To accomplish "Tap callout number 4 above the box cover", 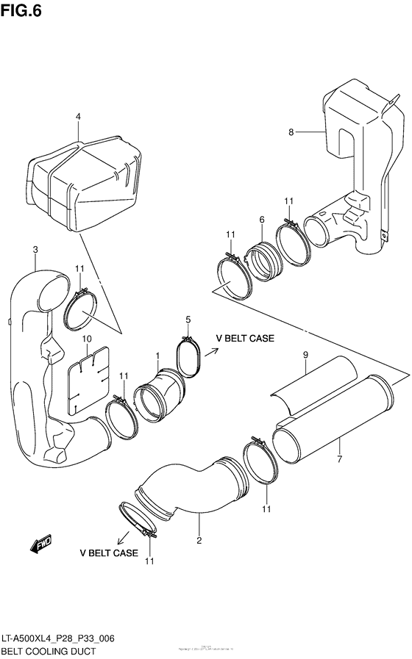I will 78,117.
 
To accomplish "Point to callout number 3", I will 35,251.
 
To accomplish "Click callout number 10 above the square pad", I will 86,339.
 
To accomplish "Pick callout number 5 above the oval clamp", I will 188,320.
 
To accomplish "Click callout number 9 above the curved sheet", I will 304,356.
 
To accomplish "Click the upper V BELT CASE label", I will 244,339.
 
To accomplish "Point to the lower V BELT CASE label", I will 109,552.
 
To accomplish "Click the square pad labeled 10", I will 88,378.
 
